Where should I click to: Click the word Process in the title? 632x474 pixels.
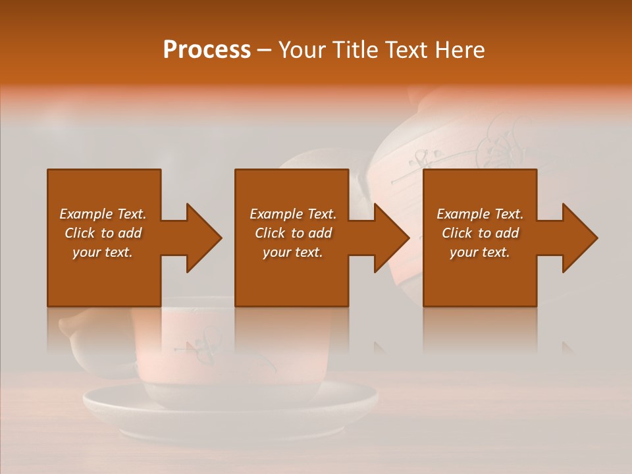(207, 50)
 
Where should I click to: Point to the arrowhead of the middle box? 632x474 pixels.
(391, 238)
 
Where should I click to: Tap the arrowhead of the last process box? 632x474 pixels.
(579, 238)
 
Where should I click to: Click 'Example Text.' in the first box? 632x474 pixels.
(103, 214)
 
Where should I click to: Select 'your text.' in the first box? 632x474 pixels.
(103, 252)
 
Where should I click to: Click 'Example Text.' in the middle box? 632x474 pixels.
(293, 214)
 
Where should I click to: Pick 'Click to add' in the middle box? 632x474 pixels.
(293, 233)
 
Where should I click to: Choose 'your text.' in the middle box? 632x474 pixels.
(293, 252)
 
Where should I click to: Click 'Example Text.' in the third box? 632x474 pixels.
(480, 214)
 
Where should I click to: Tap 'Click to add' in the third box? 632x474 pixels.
(480, 233)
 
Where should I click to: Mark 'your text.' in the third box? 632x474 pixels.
(480, 252)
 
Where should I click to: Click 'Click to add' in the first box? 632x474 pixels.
(103, 233)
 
